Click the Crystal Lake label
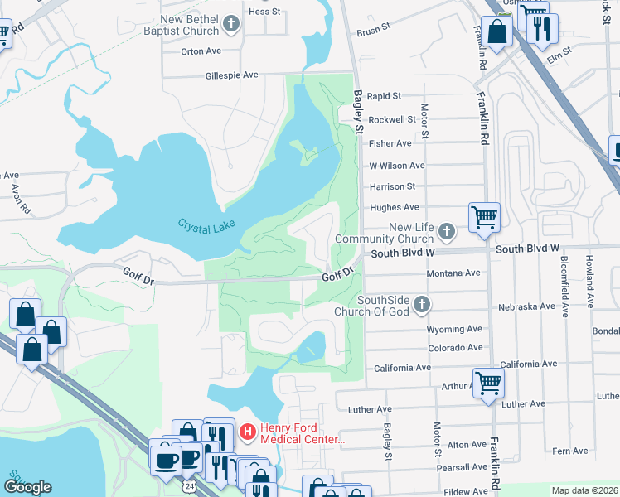207,224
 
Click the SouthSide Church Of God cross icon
422,305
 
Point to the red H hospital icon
247,432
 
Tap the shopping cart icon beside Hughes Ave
484,217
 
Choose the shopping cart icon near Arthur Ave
488,383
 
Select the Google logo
27,487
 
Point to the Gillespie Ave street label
232,75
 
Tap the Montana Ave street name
453,273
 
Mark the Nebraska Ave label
526,306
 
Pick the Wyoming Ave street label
453,329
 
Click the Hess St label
265,12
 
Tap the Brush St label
373,31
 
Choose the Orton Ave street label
201,51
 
